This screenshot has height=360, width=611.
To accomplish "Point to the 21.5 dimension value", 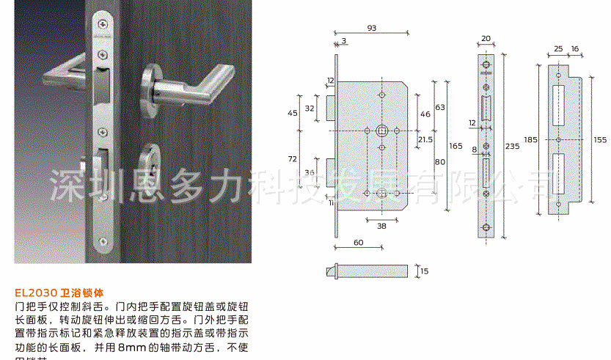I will (425, 139).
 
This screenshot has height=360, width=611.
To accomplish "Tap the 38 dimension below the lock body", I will (381, 226).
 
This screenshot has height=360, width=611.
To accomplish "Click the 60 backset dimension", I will (358, 242).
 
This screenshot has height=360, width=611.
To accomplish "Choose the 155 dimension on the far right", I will (600, 139).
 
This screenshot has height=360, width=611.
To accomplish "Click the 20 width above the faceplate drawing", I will (485, 39).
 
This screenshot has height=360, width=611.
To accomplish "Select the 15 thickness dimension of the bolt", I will (424, 271).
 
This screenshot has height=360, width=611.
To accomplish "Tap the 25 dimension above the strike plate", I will (558, 48).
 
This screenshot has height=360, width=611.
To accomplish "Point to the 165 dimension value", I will (455, 146).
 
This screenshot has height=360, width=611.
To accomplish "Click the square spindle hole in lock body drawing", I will (381, 131).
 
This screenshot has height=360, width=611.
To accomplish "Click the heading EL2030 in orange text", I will (36, 290).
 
